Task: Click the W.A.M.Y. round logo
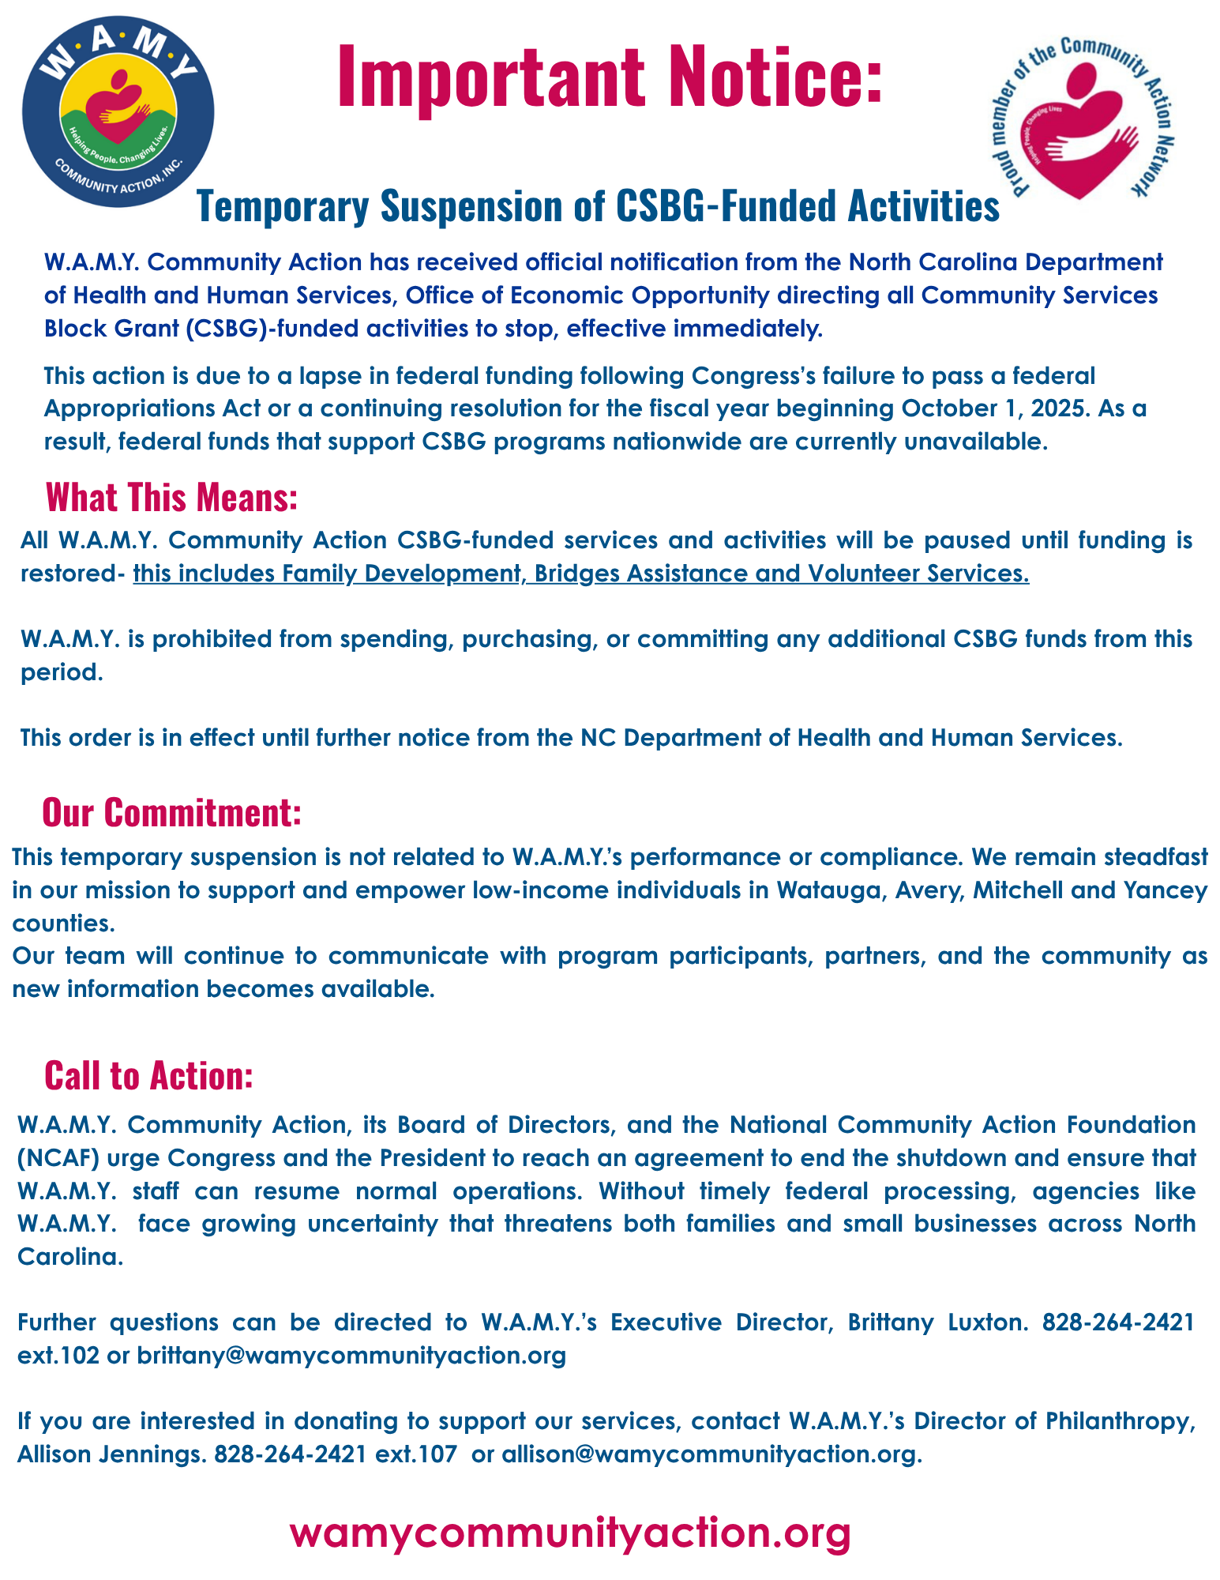[118, 111]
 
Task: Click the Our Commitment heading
[171, 812]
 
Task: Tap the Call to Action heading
[148, 1075]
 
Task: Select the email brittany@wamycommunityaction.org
[351, 1355]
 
